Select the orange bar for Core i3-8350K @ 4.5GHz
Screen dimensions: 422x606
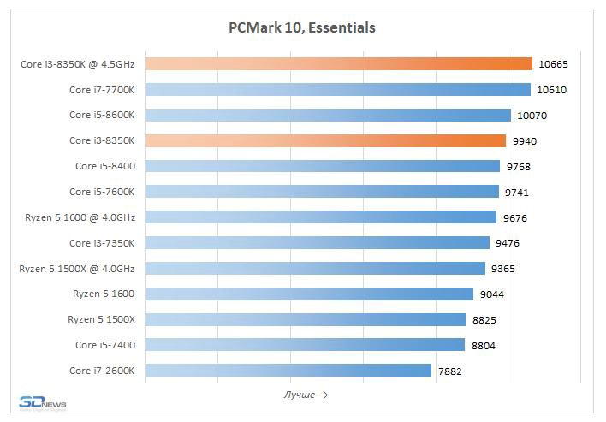[338, 63]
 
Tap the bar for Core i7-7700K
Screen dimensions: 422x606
[337, 89]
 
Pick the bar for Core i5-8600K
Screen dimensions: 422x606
[328, 115]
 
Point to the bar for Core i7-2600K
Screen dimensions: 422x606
[288, 370]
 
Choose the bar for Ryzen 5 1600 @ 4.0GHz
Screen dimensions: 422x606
[320, 217]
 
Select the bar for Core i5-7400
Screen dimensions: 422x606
[305, 344]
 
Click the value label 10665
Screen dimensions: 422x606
[553, 64]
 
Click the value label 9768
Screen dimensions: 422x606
[520, 166]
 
